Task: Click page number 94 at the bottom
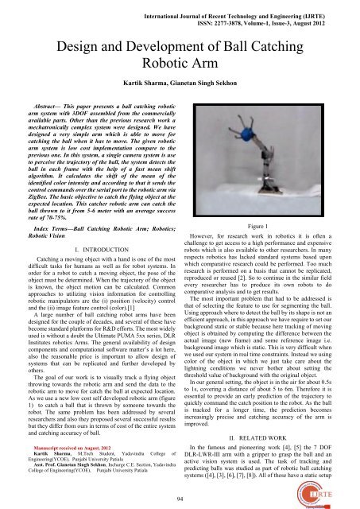point(180,498)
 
